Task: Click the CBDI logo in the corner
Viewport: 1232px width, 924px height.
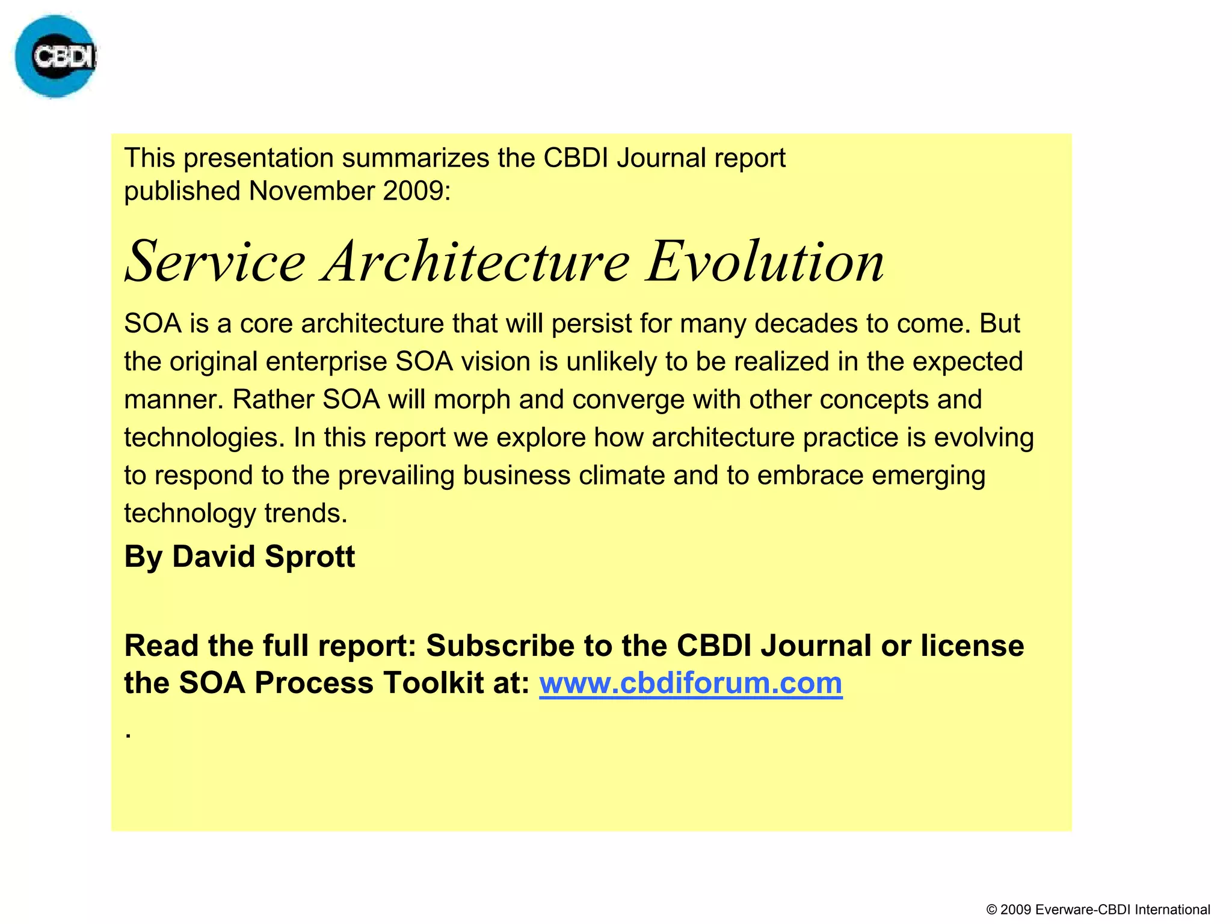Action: click(55, 57)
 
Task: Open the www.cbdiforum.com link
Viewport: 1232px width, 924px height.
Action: click(691, 683)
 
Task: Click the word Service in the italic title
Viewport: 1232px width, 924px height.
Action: click(215, 262)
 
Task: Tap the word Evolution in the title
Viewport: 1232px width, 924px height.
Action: click(765, 262)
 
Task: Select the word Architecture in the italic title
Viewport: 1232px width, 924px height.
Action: click(475, 262)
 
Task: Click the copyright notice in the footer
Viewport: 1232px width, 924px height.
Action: click(1098, 910)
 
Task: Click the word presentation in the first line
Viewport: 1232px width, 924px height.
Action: click(258, 158)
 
